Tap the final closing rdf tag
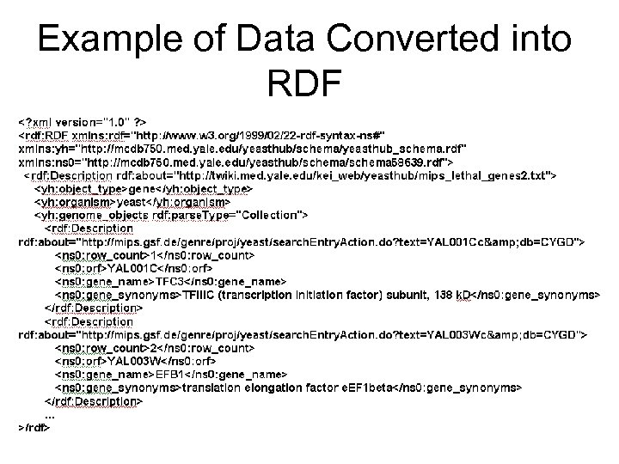tap(35, 429)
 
